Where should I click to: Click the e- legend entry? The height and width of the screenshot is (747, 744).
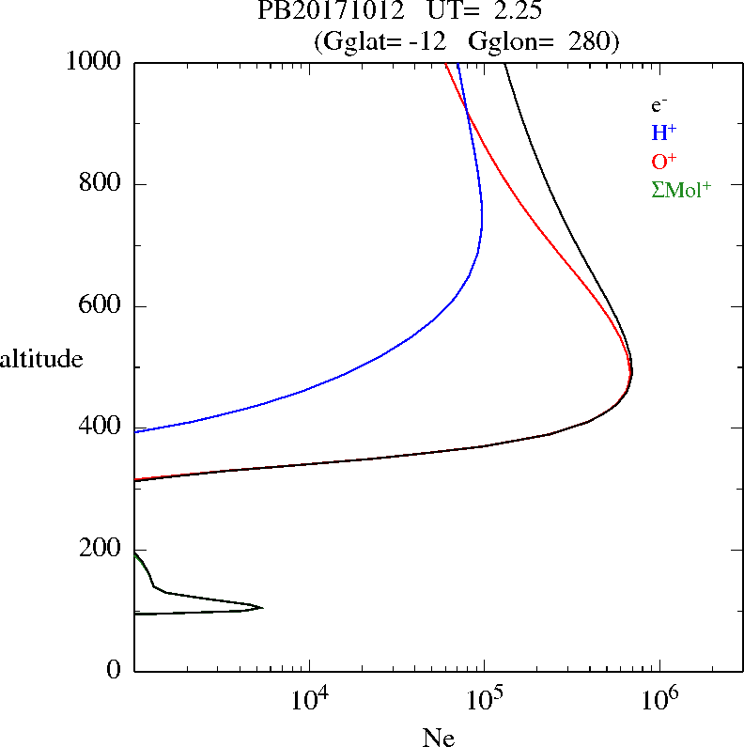(659, 105)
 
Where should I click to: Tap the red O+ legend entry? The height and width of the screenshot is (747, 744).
(664, 161)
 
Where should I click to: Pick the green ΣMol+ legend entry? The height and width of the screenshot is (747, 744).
(681, 189)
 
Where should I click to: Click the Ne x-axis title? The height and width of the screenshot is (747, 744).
(437, 738)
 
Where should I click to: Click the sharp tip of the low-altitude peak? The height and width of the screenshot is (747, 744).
(262, 607)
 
